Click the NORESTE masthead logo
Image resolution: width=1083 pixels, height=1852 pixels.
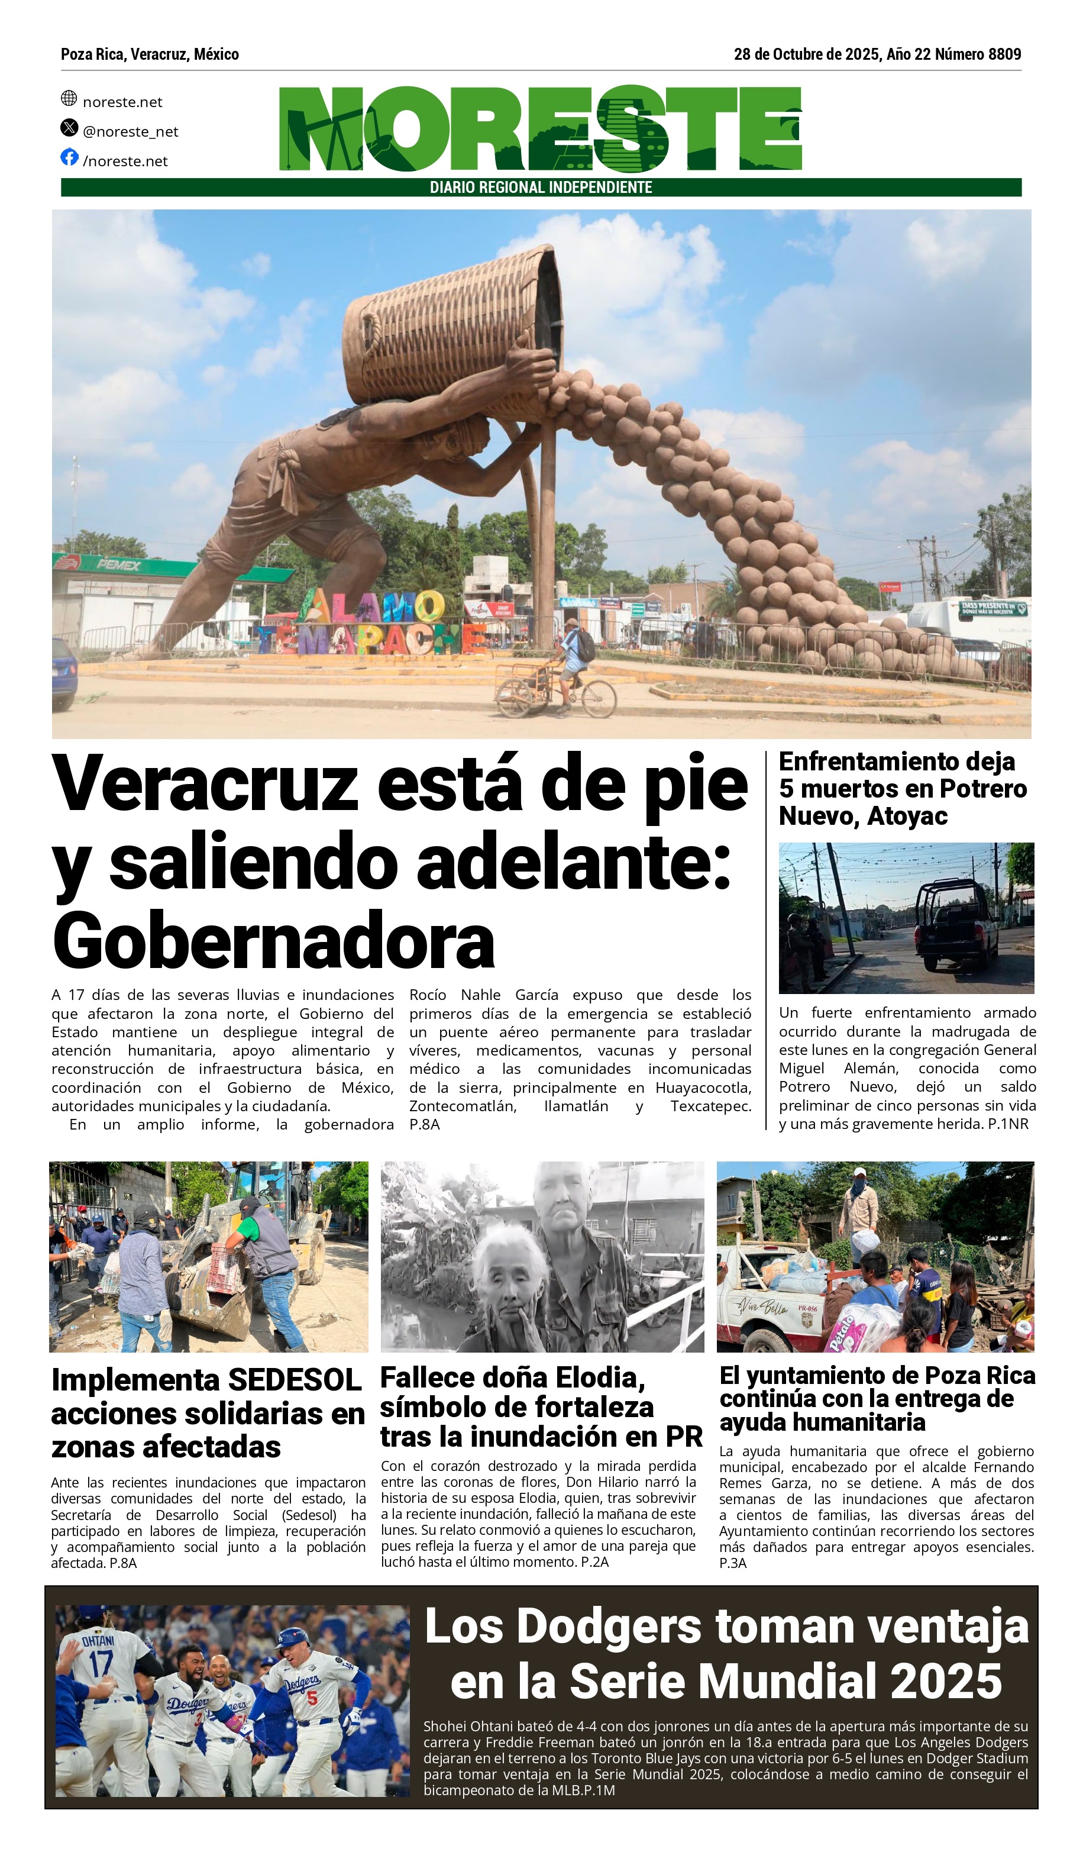[x=540, y=128]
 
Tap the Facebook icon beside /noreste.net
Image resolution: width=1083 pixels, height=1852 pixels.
[x=69, y=157]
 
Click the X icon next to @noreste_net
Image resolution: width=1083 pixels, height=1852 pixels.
[x=69, y=128]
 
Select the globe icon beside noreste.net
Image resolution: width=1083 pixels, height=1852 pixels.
[x=69, y=98]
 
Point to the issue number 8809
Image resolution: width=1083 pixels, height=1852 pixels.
[x=1004, y=54]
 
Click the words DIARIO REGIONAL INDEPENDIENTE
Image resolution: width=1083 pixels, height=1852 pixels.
[x=541, y=188]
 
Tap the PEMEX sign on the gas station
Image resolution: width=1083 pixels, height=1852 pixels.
[x=118, y=565]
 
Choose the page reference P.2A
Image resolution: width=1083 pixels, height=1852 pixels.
[x=594, y=1561]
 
